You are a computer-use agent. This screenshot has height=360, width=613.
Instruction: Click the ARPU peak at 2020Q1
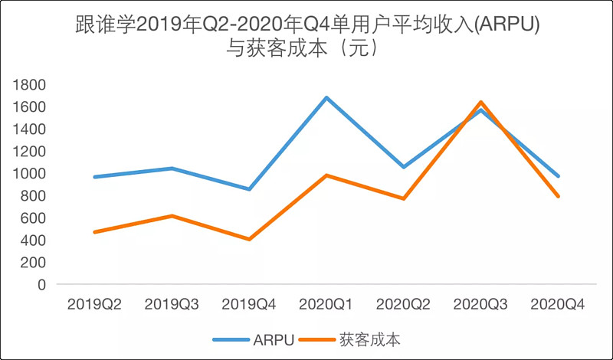pos(326,97)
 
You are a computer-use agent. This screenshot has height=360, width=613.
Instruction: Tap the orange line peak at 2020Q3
pos(480,102)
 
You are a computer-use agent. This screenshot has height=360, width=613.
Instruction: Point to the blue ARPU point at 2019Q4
pos(249,188)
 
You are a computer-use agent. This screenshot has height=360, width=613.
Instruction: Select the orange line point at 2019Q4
pos(249,239)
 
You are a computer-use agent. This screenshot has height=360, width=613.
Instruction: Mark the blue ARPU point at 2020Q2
pos(403,167)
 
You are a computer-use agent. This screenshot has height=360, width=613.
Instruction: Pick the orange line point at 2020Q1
pos(326,175)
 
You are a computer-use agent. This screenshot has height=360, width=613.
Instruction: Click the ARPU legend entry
pos(252,338)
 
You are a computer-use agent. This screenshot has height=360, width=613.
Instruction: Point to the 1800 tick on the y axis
pos(31,85)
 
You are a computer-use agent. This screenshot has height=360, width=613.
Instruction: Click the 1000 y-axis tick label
pos(31,174)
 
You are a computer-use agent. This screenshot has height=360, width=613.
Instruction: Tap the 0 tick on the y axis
pos(41,284)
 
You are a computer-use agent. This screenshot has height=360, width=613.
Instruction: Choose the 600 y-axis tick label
pos(34,218)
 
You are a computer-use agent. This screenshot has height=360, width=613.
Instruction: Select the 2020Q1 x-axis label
pos(326,304)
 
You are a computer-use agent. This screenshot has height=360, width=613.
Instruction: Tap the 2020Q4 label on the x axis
pos(557,304)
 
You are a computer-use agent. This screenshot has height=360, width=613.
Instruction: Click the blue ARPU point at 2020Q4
pos(557,176)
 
